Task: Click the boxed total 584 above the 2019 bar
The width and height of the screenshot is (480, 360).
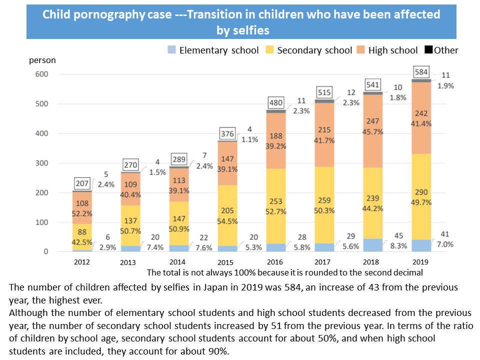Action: click(x=421, y=72)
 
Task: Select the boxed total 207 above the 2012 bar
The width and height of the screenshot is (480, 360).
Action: click(x=83, y=183)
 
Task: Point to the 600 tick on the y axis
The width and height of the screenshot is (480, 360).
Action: click(x=41, y=74)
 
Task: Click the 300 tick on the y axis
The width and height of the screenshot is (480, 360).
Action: click(x=41, y=163)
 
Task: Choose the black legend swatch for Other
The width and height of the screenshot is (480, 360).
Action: click(x=428, y=50)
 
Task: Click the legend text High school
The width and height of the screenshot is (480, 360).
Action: click(x=392, y=50)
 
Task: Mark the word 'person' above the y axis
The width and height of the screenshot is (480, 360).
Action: click(x=42, y=60)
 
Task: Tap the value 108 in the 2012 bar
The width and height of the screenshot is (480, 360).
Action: click(x=82, y=204)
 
